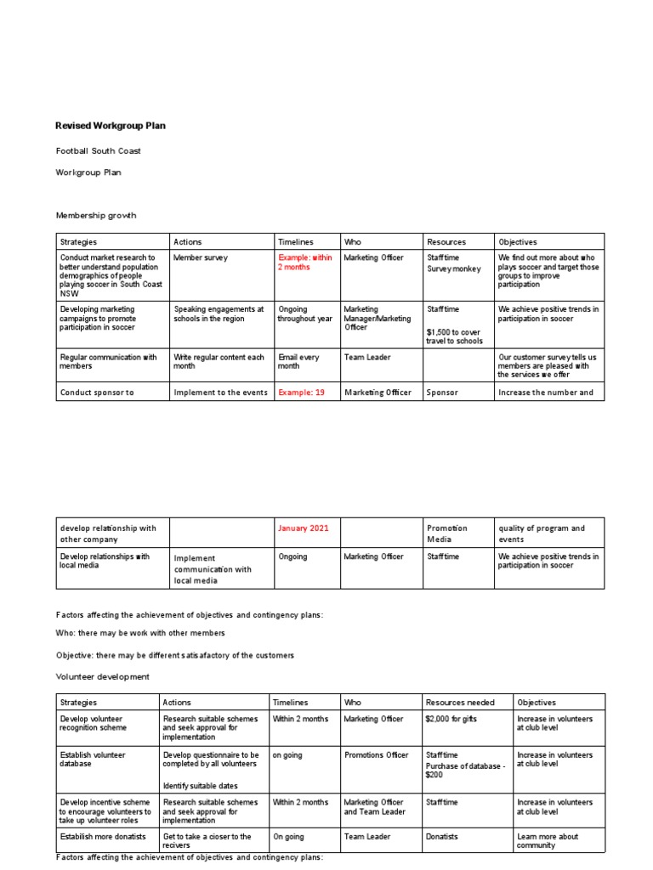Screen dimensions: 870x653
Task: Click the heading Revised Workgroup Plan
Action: click(111, 126)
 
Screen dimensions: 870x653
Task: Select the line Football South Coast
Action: click(99, 151)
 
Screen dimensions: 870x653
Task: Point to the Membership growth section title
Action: click(95, 216)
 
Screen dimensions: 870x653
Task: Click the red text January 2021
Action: click(304, 528)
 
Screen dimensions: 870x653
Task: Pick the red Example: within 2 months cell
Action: click(305, 263)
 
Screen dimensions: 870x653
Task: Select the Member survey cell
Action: click(201, 257)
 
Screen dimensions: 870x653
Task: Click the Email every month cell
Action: click(298, 362)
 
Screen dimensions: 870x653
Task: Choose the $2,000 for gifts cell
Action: click(455, 720)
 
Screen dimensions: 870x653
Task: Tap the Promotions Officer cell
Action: click(377, 755)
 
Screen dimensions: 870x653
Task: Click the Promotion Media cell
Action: click(447, 534)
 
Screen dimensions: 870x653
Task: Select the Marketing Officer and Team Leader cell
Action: click(374, 807)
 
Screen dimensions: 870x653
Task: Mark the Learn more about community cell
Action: click(547, 841)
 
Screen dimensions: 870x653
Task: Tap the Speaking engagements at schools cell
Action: click(219, 314)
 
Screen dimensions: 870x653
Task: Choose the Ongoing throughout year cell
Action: click(304, 314)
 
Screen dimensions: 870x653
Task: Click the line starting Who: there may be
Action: click(140, 633)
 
